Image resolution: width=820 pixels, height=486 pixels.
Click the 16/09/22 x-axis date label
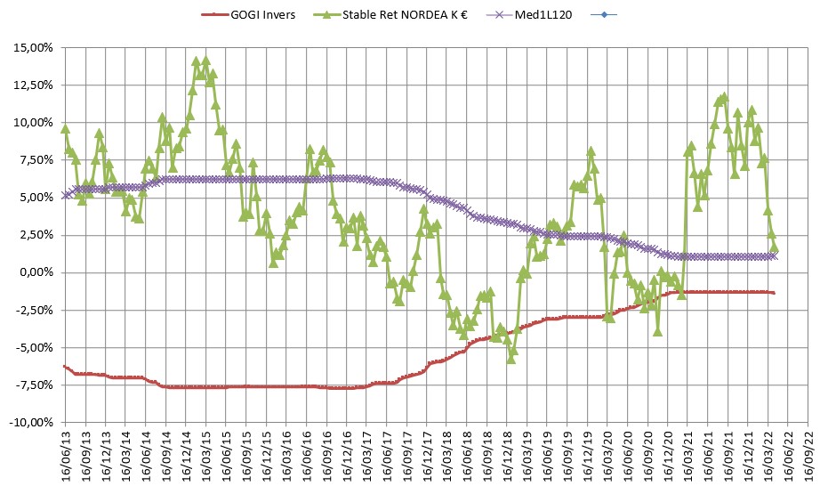pyautogui.click(x=808, y=453)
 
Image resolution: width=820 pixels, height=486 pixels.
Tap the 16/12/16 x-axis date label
pyautogui.click(x=347, y=453)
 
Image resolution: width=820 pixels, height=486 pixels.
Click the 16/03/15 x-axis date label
pyautogui.click(x=206, y=453)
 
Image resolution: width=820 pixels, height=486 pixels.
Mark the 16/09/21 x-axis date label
pyautogui.click(x=728, y=453)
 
